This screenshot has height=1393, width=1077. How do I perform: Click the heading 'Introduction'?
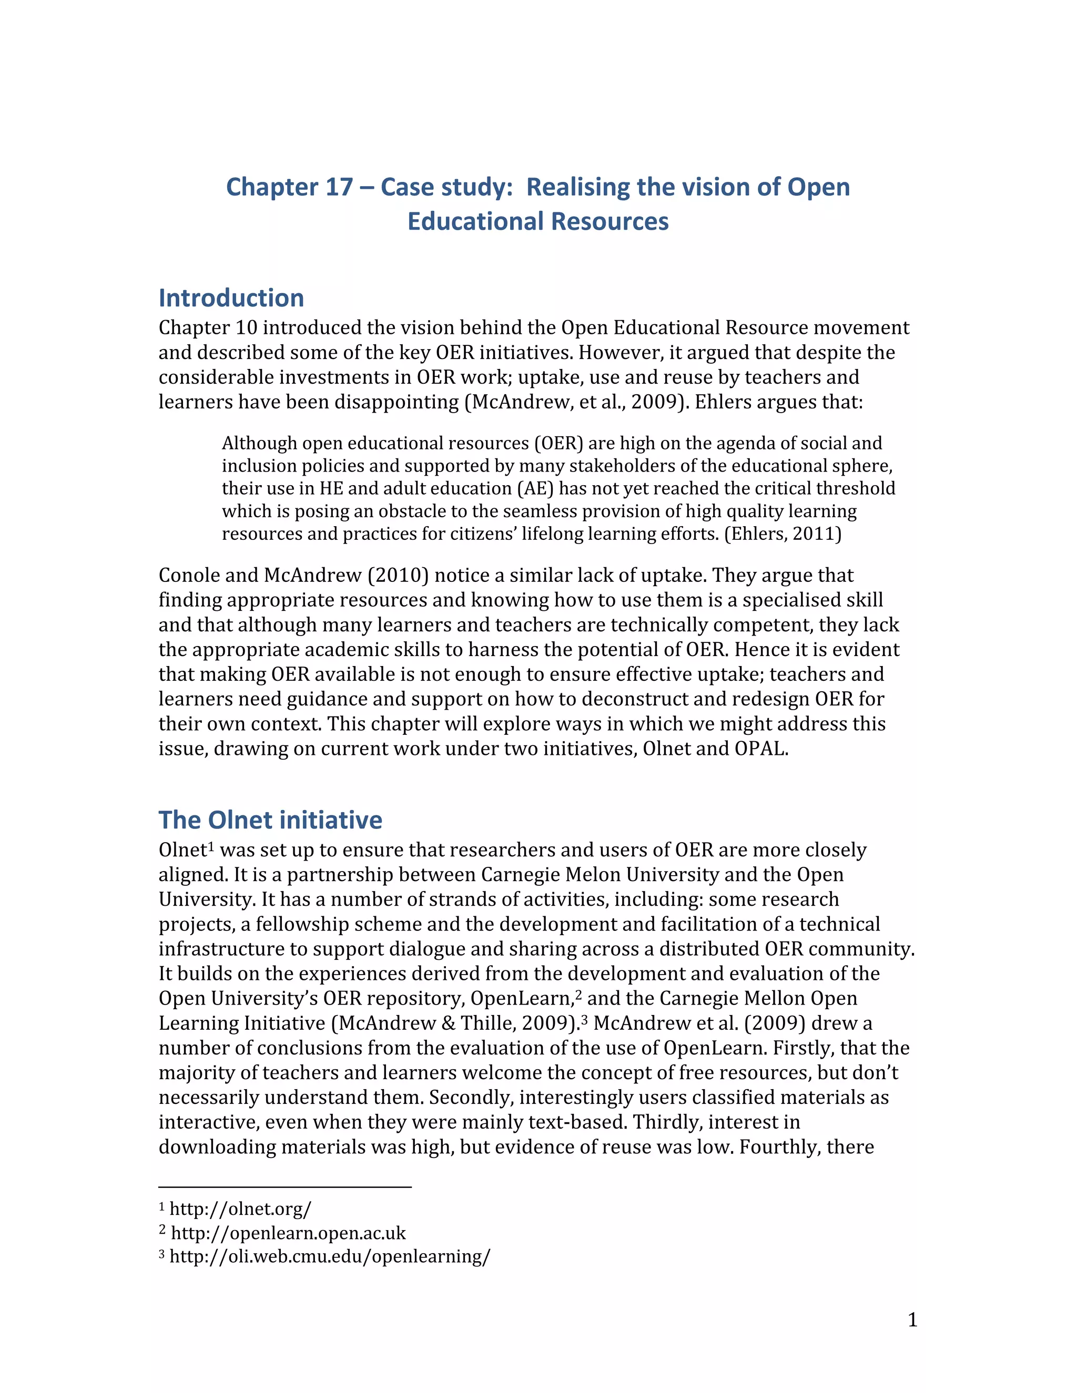tap(231, 299)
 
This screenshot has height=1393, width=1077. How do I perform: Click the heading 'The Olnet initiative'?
tap(270, 820)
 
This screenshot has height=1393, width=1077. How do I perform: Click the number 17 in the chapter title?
tap(339, 188)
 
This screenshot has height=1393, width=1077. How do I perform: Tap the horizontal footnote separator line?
tap(285, 1187)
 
